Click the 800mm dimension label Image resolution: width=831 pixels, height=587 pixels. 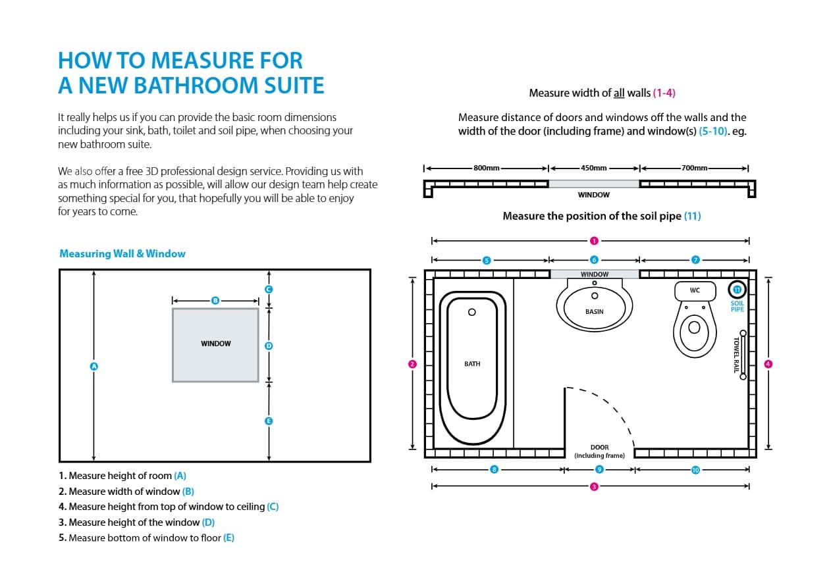pyautogui.click(x=487, y=168)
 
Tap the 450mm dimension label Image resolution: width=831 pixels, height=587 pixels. pyautogui.click(x=594, y=168)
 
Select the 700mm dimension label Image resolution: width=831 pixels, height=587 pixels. pyautogui.click(x=694, y=168)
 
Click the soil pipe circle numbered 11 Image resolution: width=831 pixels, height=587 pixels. pyautogui.click(x=737, y=290)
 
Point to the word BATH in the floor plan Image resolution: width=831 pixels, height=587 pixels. pyautogui.click(x=472, y=364)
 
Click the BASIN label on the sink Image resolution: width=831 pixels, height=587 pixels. pyautogui.click(x=594, y=312)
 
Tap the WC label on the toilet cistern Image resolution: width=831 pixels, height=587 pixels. pyautogui.click(x=695, y=290)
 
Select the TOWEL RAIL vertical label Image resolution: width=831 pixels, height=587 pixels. pyautogui.click(x=736, y=355)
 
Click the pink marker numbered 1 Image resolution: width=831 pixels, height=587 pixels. pyautogui.click(x=594, y=241)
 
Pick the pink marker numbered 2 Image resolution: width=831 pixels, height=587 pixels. pyautogui.click(x=412, y=364)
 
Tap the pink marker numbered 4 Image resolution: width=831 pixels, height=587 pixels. pyautogui.click(x=768, y=364)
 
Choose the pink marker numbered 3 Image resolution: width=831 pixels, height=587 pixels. pyautogui.click(x=594, y=486)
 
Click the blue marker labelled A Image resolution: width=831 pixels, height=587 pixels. pyautogui.click(x=94, y=366)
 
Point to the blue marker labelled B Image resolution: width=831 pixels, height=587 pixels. pyautogui.click(x=215, y=300)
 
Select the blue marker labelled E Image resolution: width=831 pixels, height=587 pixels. pyautogui.click(x=269, y=421)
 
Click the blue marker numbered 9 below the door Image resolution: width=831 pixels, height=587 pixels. pyautogui.click(x=599, y=469)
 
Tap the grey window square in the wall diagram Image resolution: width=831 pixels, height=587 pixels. pyautogui.click(x=215, y=344)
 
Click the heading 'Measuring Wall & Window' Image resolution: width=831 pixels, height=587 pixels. pyautogui.click(x=122, y=253)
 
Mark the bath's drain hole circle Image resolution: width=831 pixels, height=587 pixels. pyautogui.click(x=471, y=312)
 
